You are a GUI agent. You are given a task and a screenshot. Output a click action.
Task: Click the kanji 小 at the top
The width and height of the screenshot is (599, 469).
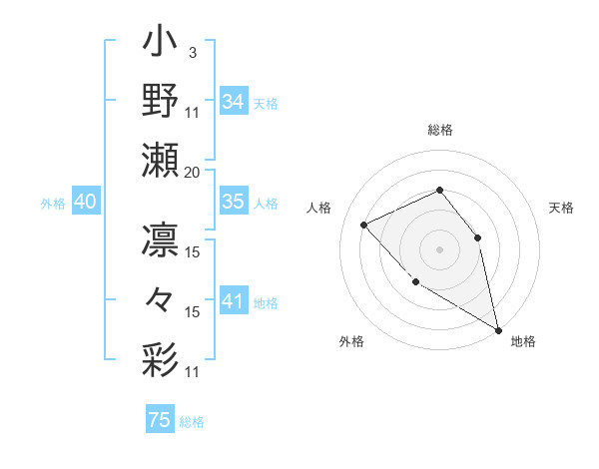(161, 45)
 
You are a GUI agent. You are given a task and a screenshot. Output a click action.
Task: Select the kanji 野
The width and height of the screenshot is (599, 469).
(161, 101)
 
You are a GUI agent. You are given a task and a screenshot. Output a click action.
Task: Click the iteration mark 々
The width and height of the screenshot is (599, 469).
(161, 300)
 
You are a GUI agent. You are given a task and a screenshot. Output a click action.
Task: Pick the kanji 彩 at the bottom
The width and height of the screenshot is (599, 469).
(161, 358)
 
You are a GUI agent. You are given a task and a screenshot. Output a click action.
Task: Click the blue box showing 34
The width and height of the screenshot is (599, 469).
(233, 102)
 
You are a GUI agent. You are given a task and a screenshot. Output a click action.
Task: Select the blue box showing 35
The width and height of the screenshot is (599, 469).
(233, 202)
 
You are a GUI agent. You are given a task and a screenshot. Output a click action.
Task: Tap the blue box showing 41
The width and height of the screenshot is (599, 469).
(233, 301)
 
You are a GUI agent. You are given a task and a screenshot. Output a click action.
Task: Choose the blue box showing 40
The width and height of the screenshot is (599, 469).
(85, 202)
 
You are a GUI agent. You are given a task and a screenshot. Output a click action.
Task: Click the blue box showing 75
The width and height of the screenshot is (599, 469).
(159, 420)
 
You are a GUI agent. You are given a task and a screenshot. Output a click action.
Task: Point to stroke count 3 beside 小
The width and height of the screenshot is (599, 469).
(192, 52)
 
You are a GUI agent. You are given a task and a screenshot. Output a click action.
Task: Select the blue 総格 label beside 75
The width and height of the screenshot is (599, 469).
(192, 422)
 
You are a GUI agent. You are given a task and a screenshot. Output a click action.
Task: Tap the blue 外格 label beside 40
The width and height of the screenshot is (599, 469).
(53, 204)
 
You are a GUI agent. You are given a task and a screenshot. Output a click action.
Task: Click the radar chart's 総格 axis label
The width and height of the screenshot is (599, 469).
(439, 130)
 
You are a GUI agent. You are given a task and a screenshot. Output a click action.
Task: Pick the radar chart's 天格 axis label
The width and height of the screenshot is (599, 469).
(561, 208)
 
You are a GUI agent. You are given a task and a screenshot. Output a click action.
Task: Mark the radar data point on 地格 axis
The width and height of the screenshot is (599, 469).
(498, 330)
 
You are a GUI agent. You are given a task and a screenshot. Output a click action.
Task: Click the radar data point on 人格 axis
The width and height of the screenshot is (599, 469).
(365, 225)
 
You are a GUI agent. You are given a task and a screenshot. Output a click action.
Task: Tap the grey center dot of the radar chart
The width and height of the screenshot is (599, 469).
(439, 248)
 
